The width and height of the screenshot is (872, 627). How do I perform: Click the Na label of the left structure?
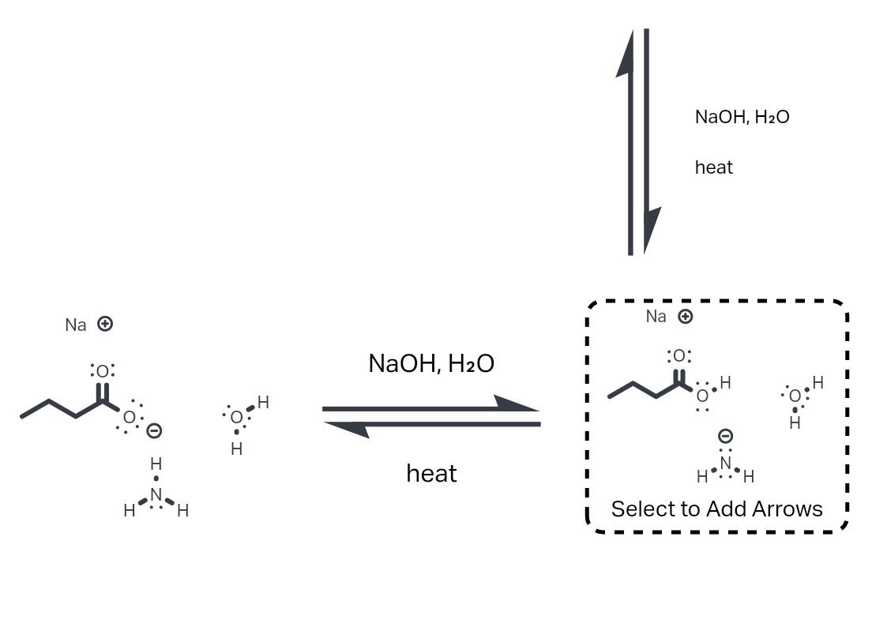pos(76,325)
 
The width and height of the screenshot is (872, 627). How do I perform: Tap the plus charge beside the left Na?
pos(105,324)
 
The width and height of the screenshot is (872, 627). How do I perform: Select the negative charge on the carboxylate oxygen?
pos(154,431)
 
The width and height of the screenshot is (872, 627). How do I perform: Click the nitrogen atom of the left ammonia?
pos(156,494)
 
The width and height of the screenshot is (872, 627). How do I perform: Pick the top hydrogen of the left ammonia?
pos(156,464)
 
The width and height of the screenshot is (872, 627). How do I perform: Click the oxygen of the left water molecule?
pos(236,418)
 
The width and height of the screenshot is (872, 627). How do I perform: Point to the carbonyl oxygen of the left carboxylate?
pos(103,371)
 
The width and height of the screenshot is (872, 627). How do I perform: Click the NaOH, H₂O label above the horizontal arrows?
pos(431,363)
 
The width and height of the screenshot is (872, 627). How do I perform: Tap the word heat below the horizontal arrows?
pos(431,474)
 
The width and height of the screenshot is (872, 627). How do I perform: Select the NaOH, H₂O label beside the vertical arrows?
pos(742,117)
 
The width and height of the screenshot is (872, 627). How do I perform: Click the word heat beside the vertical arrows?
pos(714,167)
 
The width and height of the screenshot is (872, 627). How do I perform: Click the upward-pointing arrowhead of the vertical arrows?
pos(626,53)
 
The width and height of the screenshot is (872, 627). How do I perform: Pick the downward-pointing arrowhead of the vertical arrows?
pos(652,230)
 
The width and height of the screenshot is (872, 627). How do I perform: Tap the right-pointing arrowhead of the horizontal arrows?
pos(516,404)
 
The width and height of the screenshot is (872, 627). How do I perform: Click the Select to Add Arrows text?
pos(717,509)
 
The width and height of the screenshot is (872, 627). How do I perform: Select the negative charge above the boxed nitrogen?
pos(725,436)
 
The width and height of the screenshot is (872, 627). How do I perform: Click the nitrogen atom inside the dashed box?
pos(725,463)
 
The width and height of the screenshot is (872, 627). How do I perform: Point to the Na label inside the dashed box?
pos(656,317)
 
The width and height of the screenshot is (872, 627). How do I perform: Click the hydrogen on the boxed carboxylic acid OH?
pos(725,382)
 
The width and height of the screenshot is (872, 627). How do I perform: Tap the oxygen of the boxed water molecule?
pos(795,396)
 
